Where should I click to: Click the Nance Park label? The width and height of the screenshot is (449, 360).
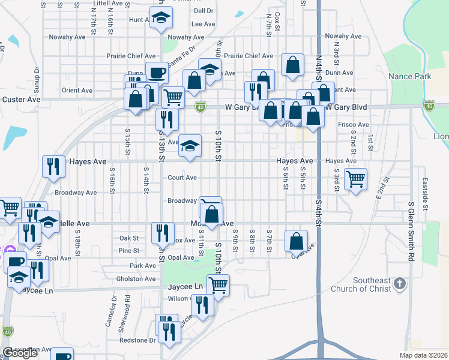(x=409, y=77)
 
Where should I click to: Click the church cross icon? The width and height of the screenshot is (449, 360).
(x=400, y=283)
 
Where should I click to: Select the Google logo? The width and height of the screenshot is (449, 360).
(x=20, y=353)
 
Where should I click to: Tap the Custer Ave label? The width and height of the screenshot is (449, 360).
(x=21, y=99)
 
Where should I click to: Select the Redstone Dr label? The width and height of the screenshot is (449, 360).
(x=135, y=340)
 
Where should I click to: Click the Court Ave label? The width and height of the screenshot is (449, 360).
(x=182, y=178)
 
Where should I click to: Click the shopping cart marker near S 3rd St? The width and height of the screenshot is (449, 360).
(x=356, y=178)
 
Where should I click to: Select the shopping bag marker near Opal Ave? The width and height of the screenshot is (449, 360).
(x=296, y=241)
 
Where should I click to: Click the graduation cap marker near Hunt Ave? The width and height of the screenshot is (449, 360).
(x=161, y=19)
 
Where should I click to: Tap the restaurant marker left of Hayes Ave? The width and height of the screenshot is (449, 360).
(x=53, y=166)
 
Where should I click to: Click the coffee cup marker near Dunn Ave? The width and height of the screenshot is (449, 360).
(x=157, y=73)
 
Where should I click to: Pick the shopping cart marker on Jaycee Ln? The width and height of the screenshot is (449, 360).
(x=218, y=285)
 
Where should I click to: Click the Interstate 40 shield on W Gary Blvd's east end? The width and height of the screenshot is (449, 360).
(x=429, y=106)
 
